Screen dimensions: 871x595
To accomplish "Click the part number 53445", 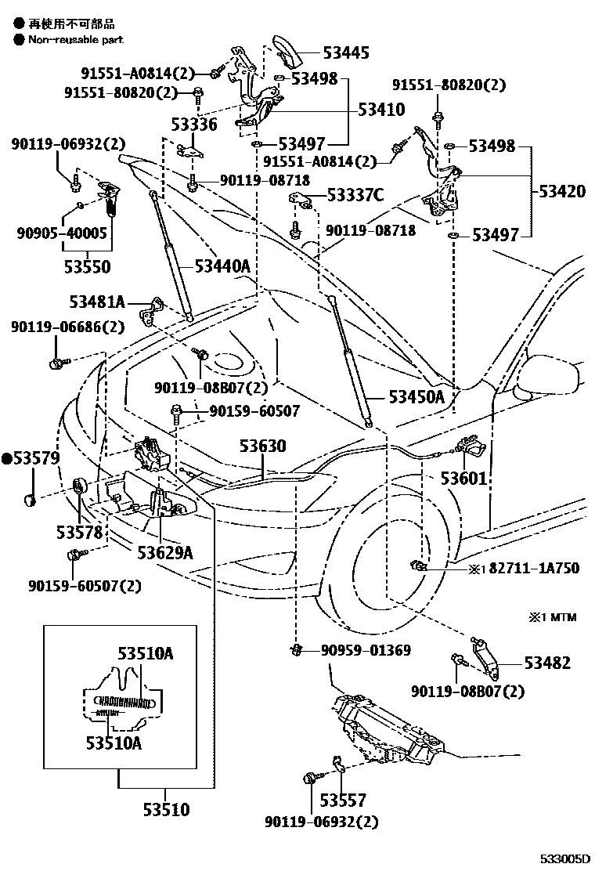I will (x=347, y=53).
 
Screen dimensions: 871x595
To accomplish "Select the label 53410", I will (x=381, y=110).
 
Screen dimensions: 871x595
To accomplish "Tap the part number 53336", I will (x=196, y=124).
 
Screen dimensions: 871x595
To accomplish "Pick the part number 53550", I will (x=87, y=267).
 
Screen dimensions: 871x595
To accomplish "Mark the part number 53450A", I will (x=416, y=397).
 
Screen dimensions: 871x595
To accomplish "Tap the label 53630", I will (x=262, y=446).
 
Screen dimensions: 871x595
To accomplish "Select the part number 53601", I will (x=463, y=478).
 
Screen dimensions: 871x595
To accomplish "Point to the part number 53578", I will (x=79, y=533).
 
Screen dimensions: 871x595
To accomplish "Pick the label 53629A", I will (x=164, y=553).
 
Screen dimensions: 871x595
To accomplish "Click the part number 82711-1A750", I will (x=535, y=568).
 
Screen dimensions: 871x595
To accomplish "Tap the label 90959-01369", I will (x=366, y=650).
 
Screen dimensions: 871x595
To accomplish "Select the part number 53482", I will (x=547, y=663).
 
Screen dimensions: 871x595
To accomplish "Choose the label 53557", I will (x=343, y=801).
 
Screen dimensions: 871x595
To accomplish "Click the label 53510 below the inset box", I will (x=165, y=809).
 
